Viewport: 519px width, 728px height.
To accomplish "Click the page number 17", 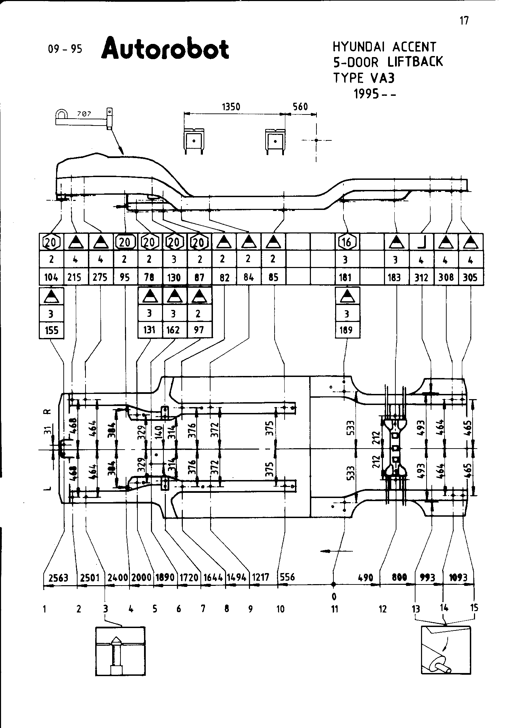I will click(464, 21).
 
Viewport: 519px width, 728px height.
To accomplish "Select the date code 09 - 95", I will click(65, 49).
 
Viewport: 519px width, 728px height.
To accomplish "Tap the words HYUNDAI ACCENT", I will click(384, 47).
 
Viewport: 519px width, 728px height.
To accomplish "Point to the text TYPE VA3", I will click(364, 78).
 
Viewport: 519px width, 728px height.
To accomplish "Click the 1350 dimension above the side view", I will click(231, 107).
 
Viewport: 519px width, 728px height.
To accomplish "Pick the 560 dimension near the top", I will click(300, 107).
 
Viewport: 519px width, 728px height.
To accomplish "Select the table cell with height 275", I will click(100, 277).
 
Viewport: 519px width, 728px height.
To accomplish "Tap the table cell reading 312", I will click(421, 277).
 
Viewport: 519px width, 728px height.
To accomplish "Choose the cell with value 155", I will click(52, 330).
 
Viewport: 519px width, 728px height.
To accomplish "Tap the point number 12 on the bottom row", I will click(382, 609).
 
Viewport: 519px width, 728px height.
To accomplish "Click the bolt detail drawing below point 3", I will click(120, 651).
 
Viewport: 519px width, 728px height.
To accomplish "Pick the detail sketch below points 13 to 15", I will click(446, 650).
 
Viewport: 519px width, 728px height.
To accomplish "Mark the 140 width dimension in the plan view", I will click(159, 432).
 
